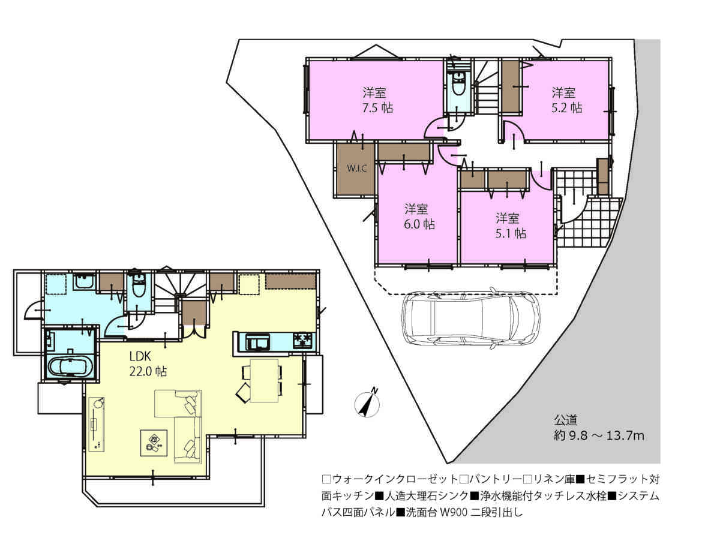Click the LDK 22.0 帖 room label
(148, 363)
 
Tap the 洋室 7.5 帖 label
(377, 100)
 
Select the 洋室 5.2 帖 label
(566, 100)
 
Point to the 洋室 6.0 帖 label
(419, 217)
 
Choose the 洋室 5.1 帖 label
(510, 226)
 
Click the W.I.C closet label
(356, 168)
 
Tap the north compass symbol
(367, 403)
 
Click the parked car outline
(470, 318)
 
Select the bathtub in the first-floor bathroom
(70, 366)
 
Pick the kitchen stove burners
(303, 341)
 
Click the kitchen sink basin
(258, 342)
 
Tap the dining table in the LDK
(264, 380)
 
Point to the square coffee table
(154, 443)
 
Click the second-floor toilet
(458, 83)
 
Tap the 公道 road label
(566, 420)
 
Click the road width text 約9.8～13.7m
(599, 435)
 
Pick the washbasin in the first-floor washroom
(84, 282)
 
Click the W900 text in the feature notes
(453, 512)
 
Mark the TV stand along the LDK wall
(97, 424)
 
